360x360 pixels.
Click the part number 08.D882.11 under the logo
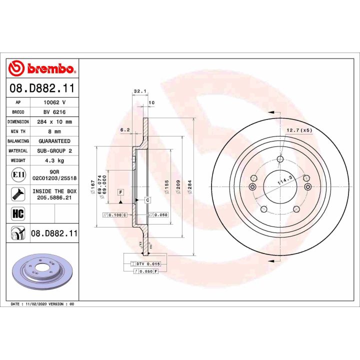point(42,88)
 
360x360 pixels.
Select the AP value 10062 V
point(54,101)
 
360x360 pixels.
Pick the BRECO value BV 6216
point(54,111)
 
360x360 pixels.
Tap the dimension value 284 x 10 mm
point(54,121)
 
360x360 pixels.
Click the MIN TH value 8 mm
point(54,131)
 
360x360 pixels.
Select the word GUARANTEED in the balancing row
point(54,141)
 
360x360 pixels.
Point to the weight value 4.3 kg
point(54,161)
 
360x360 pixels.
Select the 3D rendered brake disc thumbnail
point(42,272)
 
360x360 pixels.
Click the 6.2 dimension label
point(125,130)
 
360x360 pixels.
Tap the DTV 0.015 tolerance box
point(148,263)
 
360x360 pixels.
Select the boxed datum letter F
point(121,192)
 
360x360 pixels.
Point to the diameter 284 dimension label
point(190,186)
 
